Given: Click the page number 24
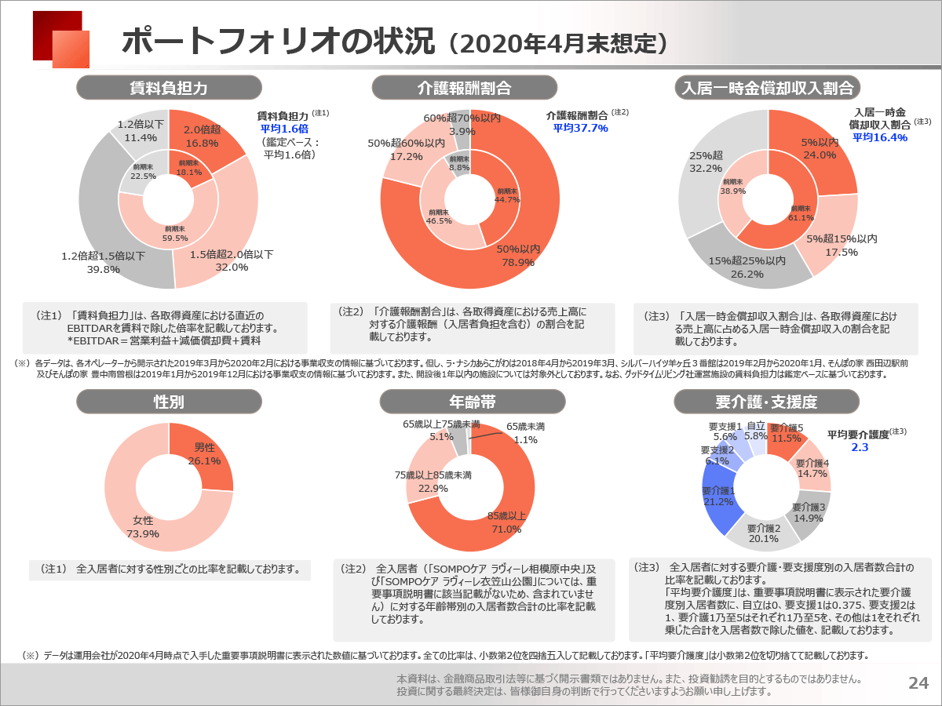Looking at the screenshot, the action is tap(918, 682).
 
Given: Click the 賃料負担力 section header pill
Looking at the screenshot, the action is tap(169, 88).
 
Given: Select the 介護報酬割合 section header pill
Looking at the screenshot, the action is tap(465, 88).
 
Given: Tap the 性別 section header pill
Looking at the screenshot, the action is tap(169, 402).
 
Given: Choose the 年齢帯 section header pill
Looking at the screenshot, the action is tap(473, 402).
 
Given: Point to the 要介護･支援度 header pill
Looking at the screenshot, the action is tap(766, 402).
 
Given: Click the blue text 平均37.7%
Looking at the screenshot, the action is tap(580, 128).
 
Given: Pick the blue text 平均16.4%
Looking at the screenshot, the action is tap(880, 137).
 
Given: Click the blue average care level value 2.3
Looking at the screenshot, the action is tap(860, 447).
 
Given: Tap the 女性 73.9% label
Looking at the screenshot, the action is tap(143, 527).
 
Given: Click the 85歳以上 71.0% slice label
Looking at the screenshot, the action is tap(506, 522).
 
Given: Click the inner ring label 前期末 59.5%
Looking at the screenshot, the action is tap(175, 234).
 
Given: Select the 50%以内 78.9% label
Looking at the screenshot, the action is tap(518, 256).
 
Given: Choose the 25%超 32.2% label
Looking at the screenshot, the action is tap(706, 162).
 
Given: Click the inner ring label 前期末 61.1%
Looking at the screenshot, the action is tap(801, 213).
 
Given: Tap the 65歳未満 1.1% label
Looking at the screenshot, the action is tap(526, 433).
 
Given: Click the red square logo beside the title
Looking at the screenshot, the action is tap(61, 39).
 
